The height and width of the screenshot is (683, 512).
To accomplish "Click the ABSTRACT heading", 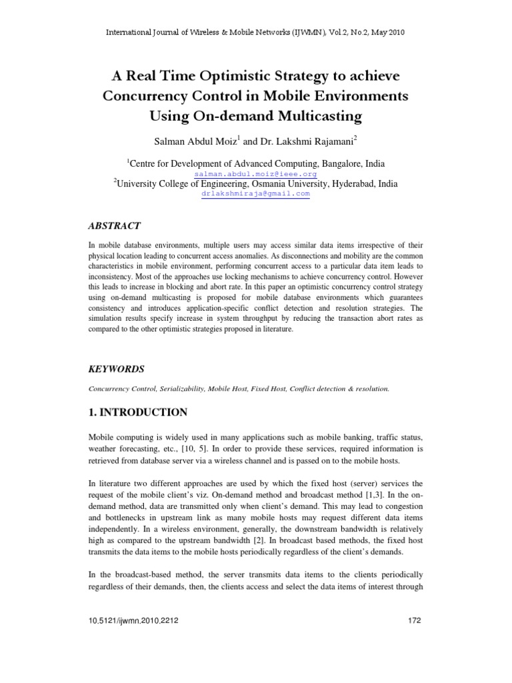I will pos(115,227).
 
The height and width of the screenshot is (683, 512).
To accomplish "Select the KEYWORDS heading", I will pos(117,369).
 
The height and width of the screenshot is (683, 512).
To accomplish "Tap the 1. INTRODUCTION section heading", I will pos(138,412).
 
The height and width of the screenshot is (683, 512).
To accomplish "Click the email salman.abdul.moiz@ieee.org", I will pos(256,173).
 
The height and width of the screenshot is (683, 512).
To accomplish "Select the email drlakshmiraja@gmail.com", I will pos(256,193).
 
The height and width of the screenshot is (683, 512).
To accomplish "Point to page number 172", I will pos(414,620).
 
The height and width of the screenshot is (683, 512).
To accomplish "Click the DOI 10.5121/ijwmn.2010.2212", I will pos(133,620).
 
